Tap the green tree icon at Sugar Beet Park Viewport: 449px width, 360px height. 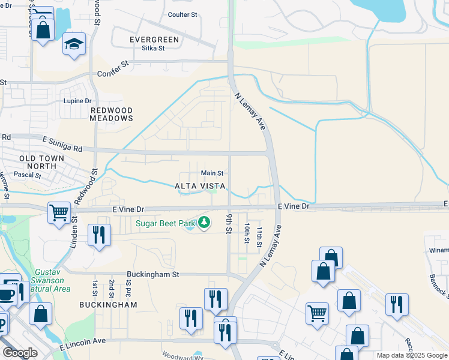click(204, 223)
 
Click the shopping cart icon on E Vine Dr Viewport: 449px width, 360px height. click(59, 212)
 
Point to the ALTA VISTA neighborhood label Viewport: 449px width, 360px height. click(200, 187)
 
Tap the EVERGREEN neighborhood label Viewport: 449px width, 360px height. click(154, 40)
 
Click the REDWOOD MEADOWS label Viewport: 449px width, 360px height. click(111, 115)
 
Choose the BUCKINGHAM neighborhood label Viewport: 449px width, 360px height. click(108, 305)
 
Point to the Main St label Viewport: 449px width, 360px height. click(212, 173)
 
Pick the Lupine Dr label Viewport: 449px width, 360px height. click(78, 101)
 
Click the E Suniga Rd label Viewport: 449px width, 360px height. click(62, 145)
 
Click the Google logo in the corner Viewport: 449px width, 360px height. click(20, 353)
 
